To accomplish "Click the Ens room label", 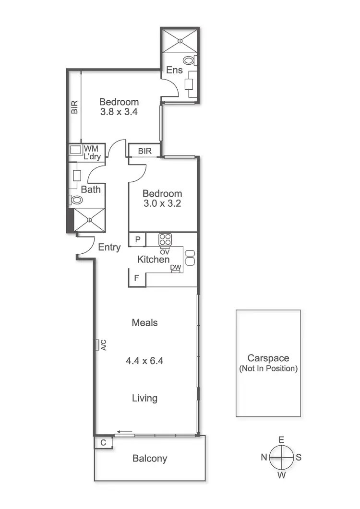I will (175, 70).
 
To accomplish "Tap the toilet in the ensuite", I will (189, 61).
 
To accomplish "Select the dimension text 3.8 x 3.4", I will (119, 113).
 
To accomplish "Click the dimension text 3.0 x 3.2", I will (162, 204).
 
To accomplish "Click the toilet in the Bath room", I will (77, 200).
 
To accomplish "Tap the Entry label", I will (109, 248).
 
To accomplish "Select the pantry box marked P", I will (137, 239).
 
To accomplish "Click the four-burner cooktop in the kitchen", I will (166, 239).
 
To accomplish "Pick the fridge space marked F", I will (137, 278).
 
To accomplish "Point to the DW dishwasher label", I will (175, 268).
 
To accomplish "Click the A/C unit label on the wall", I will (103, 345).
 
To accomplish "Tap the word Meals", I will (144, 323).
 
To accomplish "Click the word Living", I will (144, 398).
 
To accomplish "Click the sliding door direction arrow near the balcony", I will (126, 432).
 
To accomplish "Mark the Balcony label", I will (150, 459).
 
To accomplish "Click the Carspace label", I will (268, 358).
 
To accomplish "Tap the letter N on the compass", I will (264, 458).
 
